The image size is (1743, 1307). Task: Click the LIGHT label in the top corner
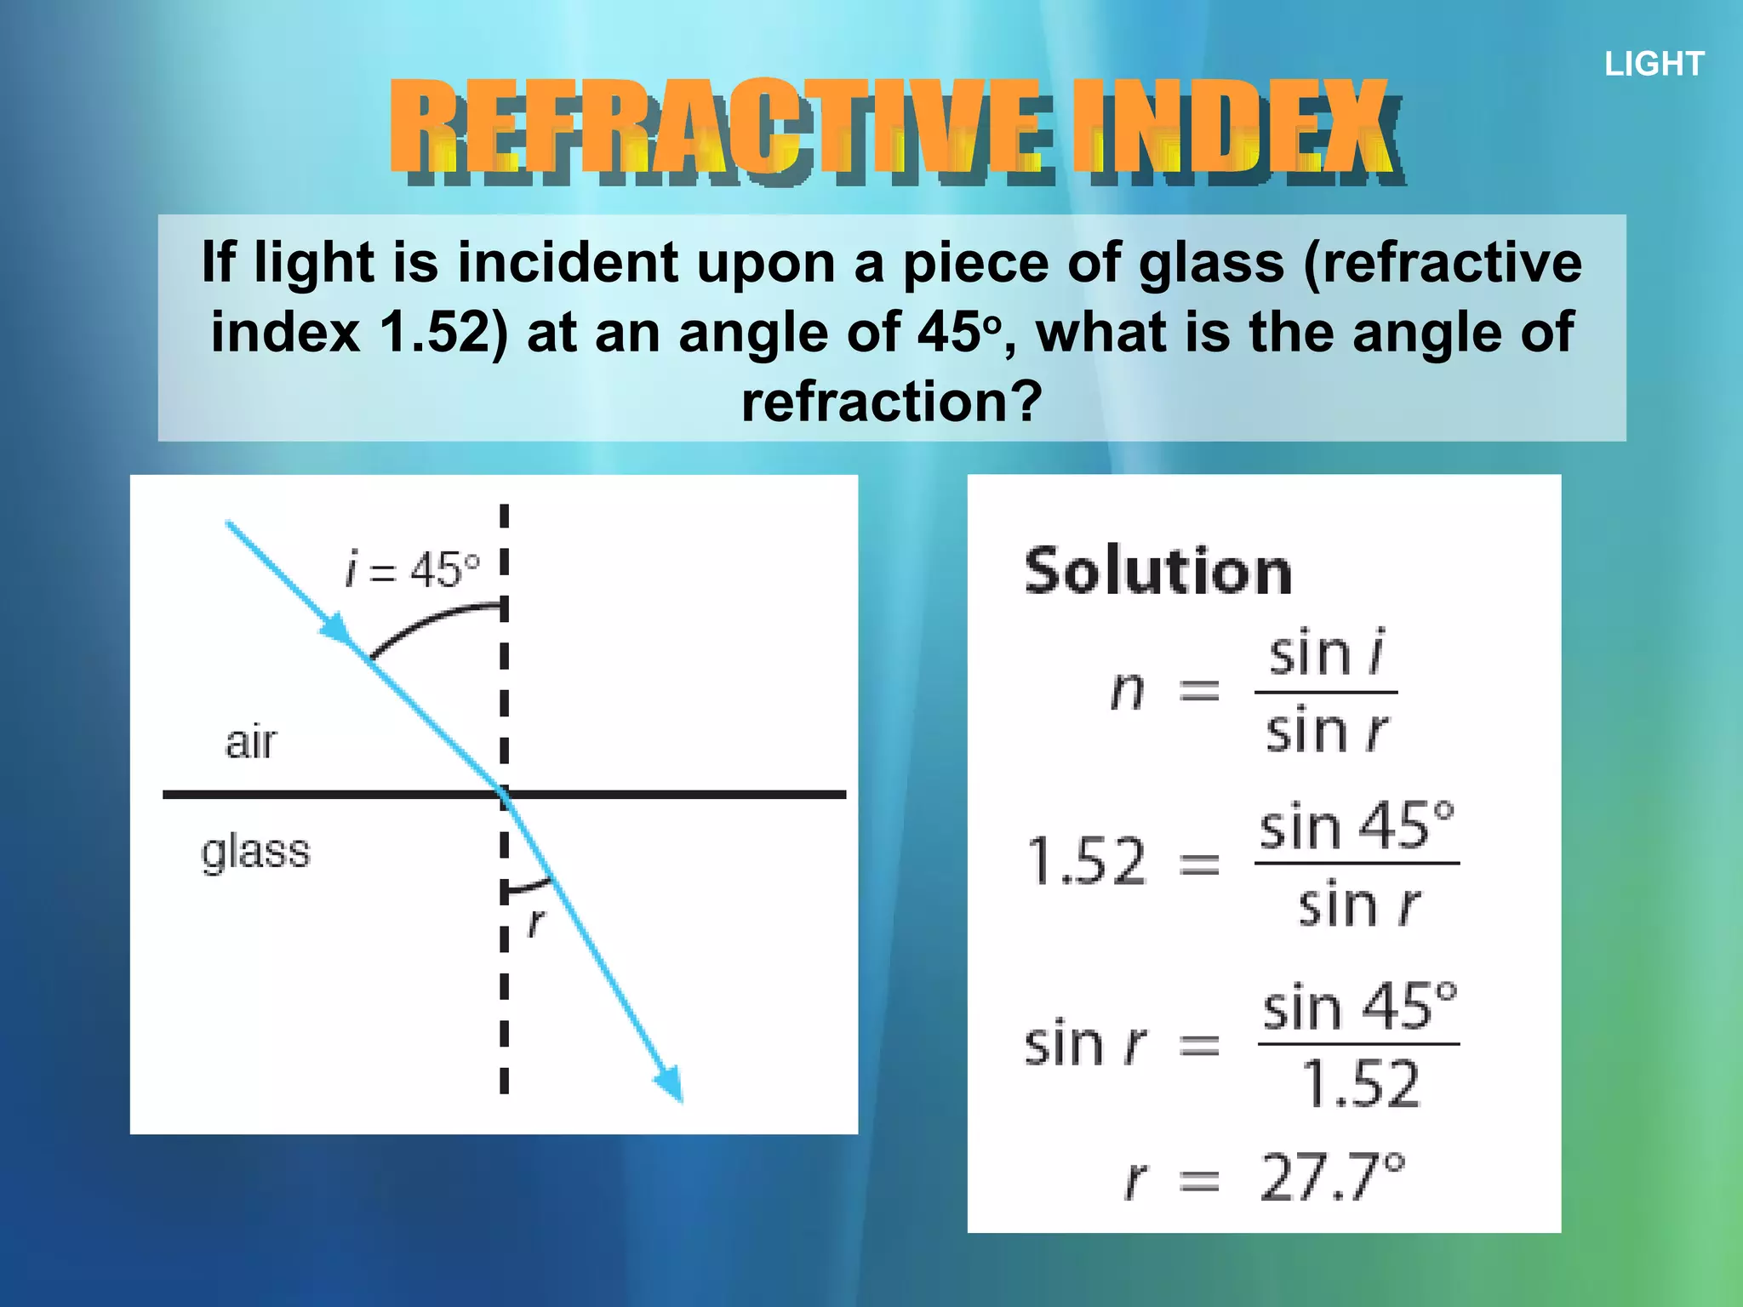[x=1654, y=64]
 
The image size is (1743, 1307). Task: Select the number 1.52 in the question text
[x=434, y=332]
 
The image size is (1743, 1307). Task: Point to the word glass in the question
[x=1210, y=262]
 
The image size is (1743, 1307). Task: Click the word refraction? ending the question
[x=891, y=402]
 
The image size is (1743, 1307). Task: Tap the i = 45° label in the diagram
[x=413, y=569]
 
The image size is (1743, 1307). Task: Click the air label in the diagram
[x=251, y=742]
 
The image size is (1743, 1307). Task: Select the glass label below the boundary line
[x=255, y=852]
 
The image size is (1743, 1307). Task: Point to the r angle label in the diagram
[x=535, y=922]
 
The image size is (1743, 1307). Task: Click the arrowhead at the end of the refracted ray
[x=671, y=1084]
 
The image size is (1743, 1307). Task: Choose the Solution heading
[x=1157, y=571]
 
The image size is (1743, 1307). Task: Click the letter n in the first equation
[x=1128, y=690]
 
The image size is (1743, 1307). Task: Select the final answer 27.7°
[x=1332, y=1178]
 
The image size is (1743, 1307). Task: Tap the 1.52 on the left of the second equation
[x=1087, y=861]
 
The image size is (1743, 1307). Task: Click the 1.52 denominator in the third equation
[x=1361, y=1084]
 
